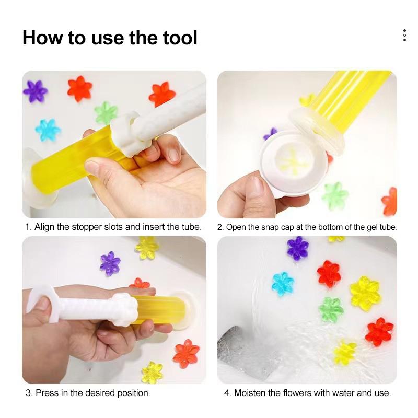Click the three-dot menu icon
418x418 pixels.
click(404, 36)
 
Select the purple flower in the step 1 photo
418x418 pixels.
click(35, 91)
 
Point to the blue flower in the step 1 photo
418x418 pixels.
click(48, 130)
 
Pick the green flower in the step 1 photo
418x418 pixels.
click(106, 112)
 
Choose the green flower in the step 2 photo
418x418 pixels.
click(334, 195)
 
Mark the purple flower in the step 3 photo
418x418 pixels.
click(110, 263)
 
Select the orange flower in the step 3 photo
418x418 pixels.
click(186, 353)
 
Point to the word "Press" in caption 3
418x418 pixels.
click(47, 393)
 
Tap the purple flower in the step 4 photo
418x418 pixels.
click(297, 248)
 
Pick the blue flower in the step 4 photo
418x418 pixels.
click(283, 284)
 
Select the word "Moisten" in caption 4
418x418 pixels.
click(252, 393)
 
